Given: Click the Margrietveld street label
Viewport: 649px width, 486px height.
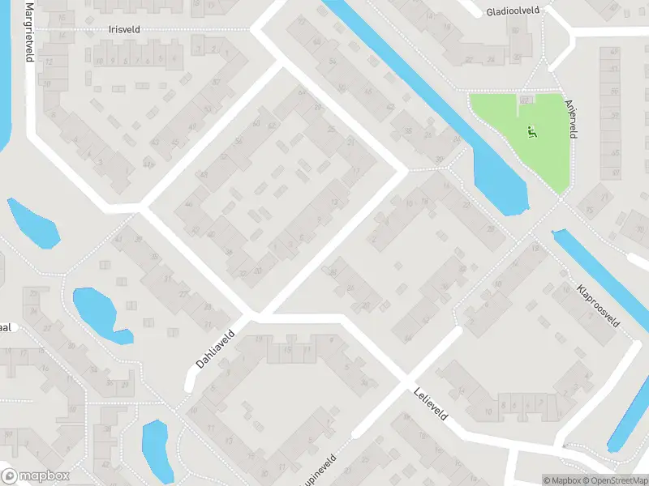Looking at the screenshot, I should [x=29, y=32].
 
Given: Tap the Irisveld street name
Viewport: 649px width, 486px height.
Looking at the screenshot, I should [x=124, y=28].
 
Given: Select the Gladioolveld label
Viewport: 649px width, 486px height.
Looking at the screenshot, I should [x=514, y=12].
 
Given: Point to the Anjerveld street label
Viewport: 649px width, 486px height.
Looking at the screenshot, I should [x=571, y=118].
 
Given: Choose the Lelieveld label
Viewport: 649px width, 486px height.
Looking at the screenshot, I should [x=431, y=403].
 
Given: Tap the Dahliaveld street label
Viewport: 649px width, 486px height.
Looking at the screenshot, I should [x=215, y=348].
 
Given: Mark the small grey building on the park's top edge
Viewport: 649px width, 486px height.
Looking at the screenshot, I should [x=525, y=98].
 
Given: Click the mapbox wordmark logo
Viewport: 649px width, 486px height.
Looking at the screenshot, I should [x=36, y=476].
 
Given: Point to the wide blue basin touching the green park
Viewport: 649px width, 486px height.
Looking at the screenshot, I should [x=500, y=182].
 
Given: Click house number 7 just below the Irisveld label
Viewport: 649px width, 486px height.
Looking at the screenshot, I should [x=136, y=61].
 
